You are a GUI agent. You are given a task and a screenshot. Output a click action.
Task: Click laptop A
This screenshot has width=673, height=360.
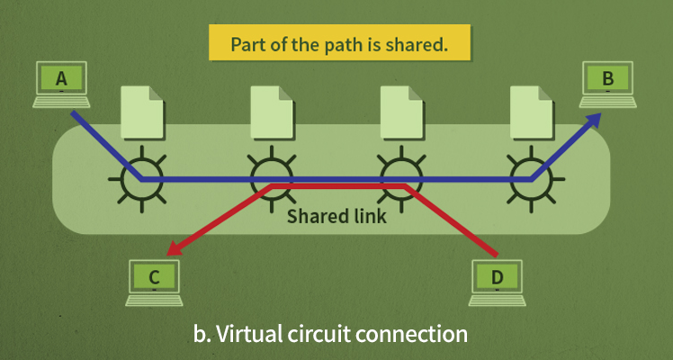click(61, 84)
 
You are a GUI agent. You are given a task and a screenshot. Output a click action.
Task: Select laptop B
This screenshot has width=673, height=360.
click(608, 84)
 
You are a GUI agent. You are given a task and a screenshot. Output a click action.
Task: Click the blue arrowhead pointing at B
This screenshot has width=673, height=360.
click(594, 121)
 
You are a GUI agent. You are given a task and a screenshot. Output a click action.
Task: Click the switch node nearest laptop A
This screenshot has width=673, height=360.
click(141, 178)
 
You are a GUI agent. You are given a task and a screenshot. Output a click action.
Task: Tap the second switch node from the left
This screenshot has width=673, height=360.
click(272, 178)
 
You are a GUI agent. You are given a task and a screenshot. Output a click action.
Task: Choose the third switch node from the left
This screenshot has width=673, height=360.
click(400, 178)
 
